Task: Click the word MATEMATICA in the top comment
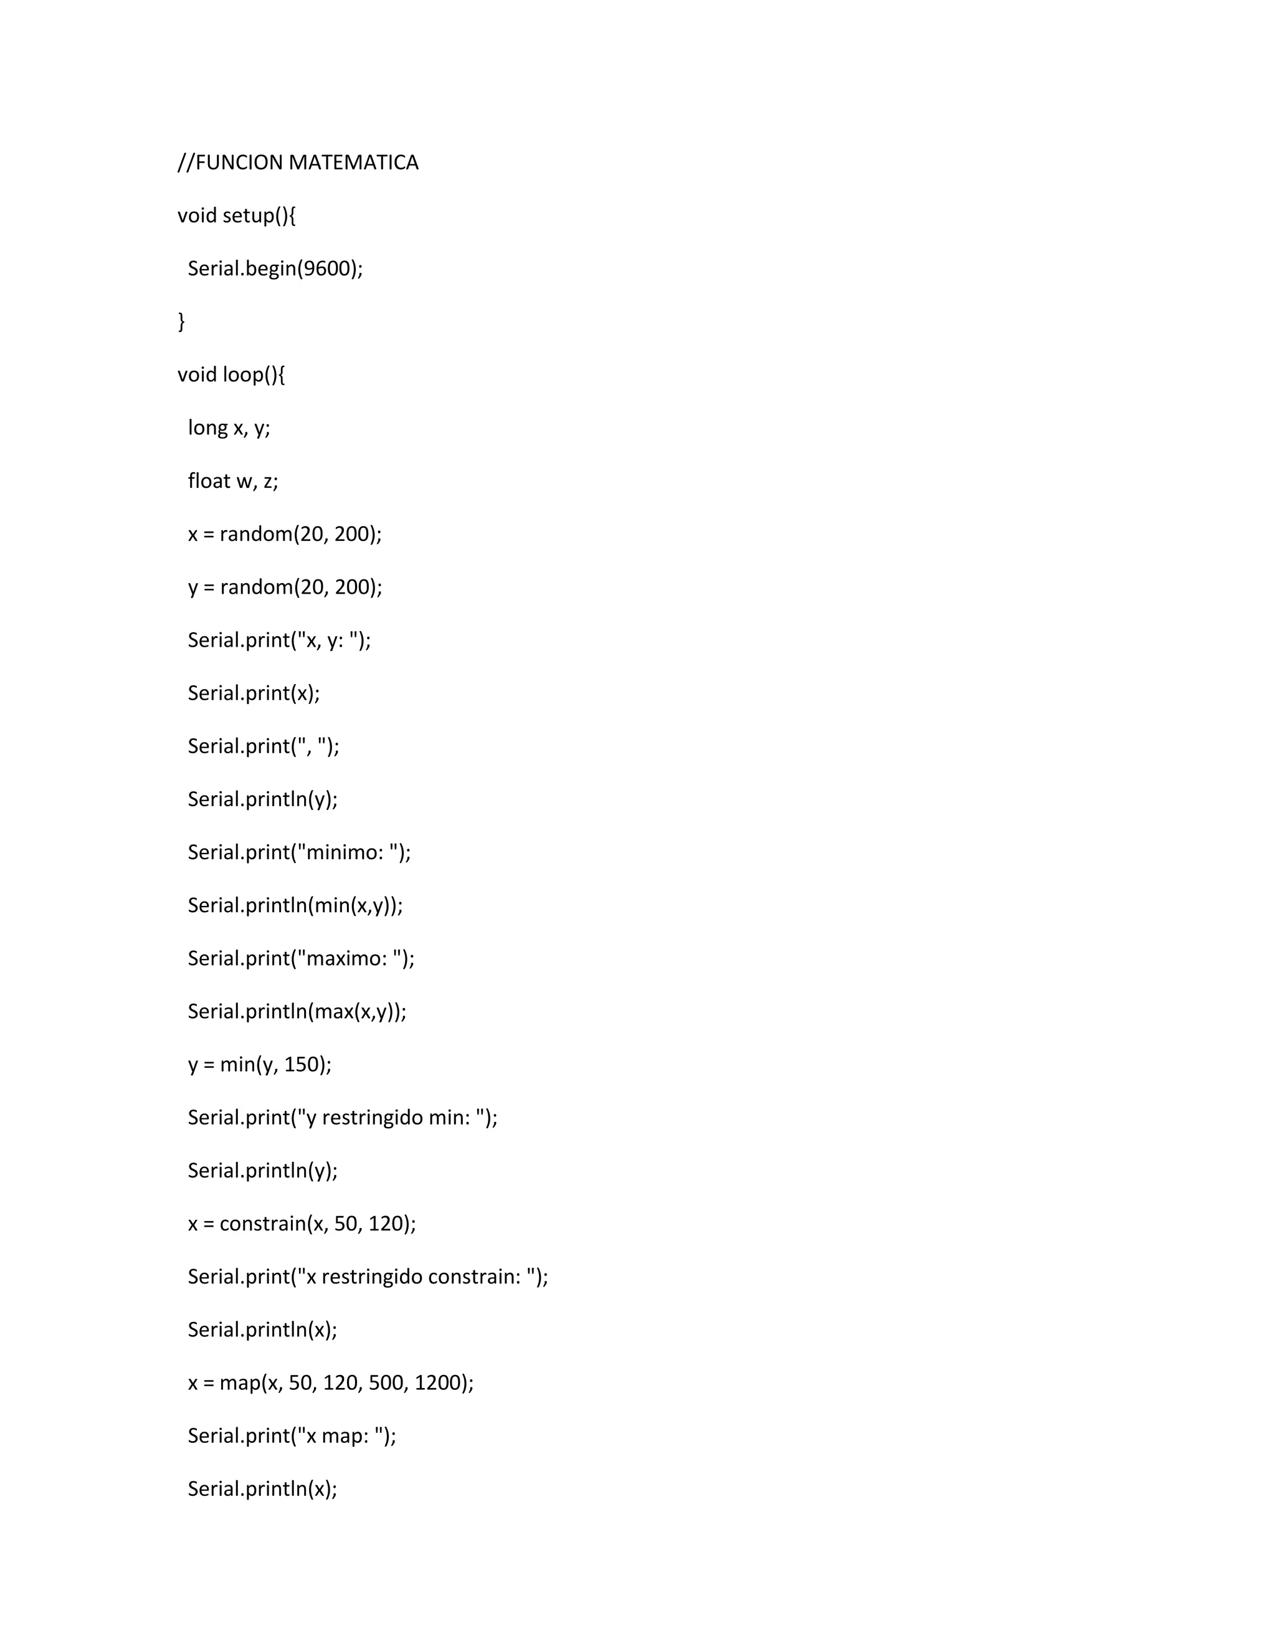pyautogui.click(x=353, y=163)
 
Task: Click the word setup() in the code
pyautogui.click(x=259, y=216)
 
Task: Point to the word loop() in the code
pyautogui.click(x=254, y=375)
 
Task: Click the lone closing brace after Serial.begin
pyautogui.click(x=181, y=322)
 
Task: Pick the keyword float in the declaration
pyautogui.click(x=209, y=481)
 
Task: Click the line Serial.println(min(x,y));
pyautogui.click(x=295, y=905)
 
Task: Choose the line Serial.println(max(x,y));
pyautogui.click(x=297, y=1011)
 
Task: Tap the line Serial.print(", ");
pyautogui.click(x=264, y=746)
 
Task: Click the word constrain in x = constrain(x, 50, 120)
pyautogui.click(x=262, y=1223)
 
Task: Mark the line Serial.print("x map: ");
pyautogui.click(x=292, y=1435)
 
